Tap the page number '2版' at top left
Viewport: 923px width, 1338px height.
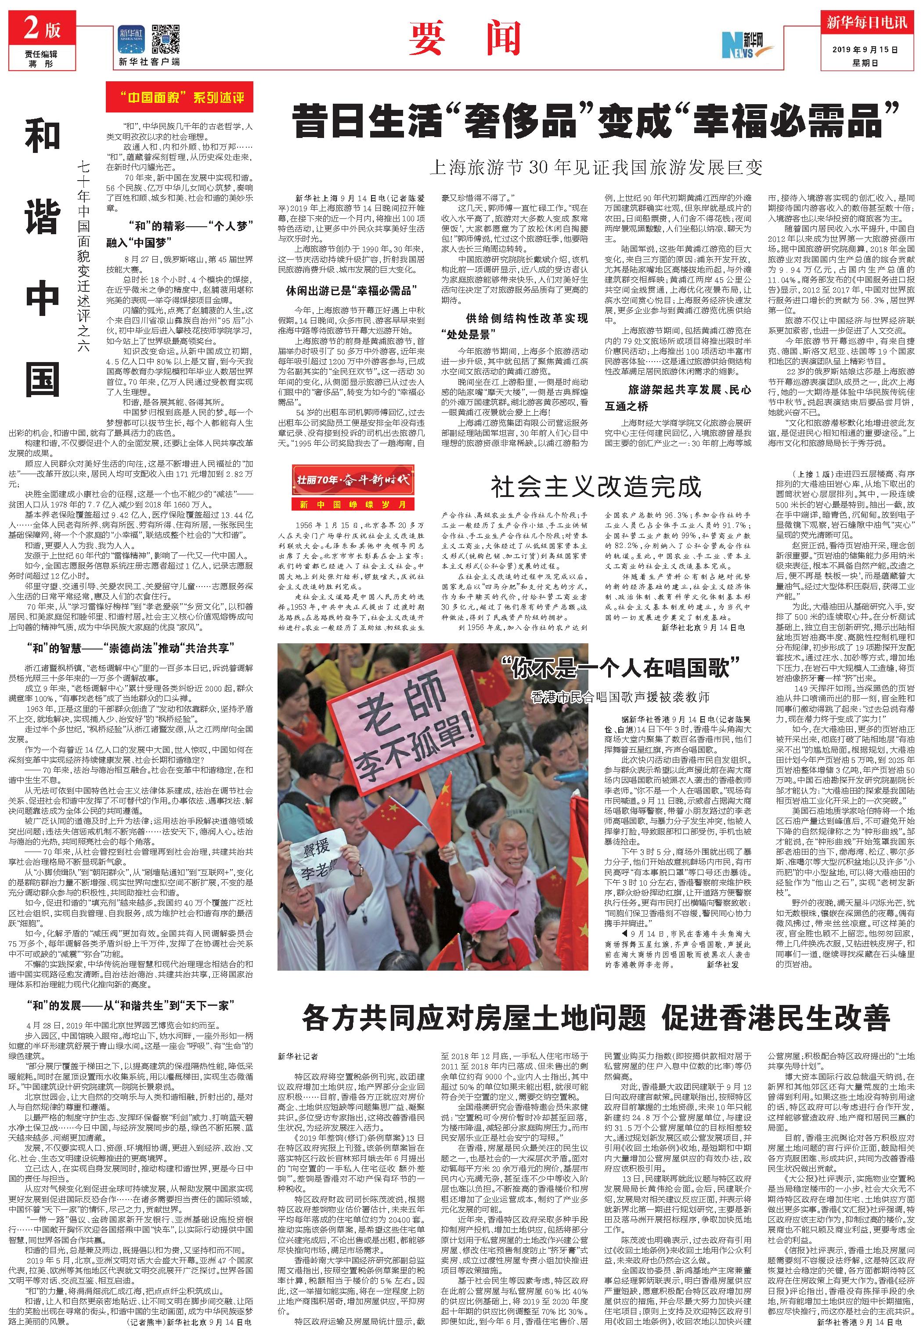42,29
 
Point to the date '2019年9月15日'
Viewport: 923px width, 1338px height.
866,50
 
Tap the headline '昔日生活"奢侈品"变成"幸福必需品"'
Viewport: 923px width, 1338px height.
596,120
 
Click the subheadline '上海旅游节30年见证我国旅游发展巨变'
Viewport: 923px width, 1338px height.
596,168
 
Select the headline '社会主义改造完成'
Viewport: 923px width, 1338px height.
596,487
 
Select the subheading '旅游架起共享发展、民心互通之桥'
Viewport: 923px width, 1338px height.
678,398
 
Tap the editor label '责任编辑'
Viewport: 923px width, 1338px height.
41,54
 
